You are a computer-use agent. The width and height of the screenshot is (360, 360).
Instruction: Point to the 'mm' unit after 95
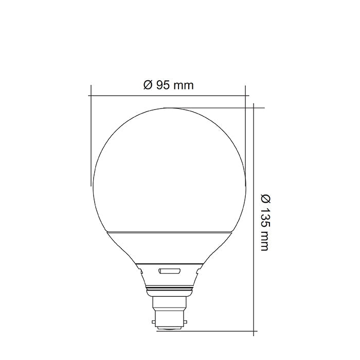click(x=183, y=85)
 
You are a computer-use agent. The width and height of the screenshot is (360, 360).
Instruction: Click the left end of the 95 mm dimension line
click(x=91, y=95)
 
